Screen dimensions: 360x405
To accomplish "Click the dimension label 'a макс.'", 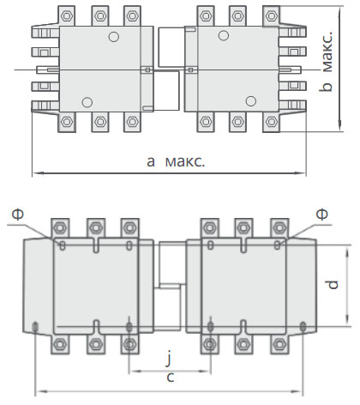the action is (176, 161).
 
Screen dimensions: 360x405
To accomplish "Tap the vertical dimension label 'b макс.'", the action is (326, 62).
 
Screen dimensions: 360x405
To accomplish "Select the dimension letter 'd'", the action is (333, 285).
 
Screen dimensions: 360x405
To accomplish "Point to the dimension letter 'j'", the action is (169, 358).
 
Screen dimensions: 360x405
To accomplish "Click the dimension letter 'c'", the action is (171, 378).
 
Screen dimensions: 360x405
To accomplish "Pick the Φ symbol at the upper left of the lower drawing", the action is (18, 214).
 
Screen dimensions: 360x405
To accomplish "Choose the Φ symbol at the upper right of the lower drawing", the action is (322, 214).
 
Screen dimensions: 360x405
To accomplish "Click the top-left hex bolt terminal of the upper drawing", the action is (67, 16).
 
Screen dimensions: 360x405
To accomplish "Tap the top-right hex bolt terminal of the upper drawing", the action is (271, 16).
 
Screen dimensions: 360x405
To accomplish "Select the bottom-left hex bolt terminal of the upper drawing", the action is (67, 122).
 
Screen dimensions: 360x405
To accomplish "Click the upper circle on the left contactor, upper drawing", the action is (114, 37).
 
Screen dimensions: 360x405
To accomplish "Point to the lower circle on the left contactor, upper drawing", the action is (87, 102).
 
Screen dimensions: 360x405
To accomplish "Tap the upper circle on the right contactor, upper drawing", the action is (224, 35).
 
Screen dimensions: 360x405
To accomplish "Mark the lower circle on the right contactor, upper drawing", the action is (251, 101).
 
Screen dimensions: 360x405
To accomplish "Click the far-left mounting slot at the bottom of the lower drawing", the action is (35, 327).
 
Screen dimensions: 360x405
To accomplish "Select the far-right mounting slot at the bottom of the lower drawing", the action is (303, 326).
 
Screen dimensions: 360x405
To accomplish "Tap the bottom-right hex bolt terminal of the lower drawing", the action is (279, 344).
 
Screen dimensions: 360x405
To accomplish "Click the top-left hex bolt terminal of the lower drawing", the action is (60, 228).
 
